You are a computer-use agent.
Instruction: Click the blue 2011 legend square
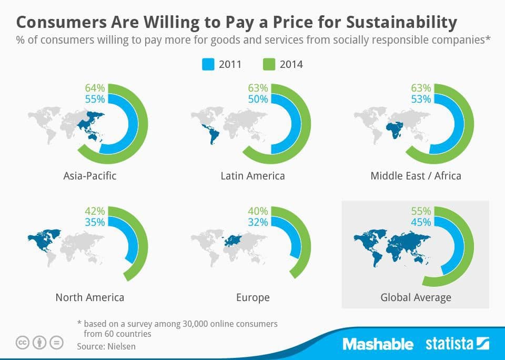click(208, 65)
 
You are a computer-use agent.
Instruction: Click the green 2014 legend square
click(269, 65)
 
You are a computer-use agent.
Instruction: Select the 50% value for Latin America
click(258, 99)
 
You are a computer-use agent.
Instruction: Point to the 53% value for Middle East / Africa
click(421, 99)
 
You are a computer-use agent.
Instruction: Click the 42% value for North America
click(95, 211)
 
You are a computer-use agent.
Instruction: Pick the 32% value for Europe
click(258, 222)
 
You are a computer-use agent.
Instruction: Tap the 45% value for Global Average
click(421, 222)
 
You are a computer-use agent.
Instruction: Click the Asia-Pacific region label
click(89, 175)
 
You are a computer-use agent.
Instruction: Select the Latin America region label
click(252, 175)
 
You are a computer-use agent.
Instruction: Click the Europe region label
click(252, 297)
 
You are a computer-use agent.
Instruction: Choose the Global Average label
click(416, 297)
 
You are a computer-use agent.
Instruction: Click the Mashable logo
click(378, 344)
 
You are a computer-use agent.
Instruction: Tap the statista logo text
click(450, 344)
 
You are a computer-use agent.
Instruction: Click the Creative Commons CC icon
click(22, 343)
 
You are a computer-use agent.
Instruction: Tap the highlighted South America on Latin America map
click(214, 136)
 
